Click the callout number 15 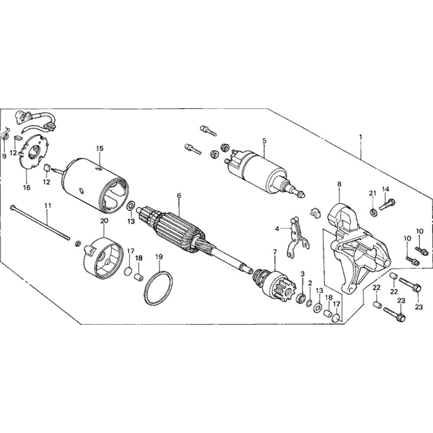[100, 149]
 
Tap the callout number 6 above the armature [179, 196]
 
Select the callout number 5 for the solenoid [265, 141]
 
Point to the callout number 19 [159, 257]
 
